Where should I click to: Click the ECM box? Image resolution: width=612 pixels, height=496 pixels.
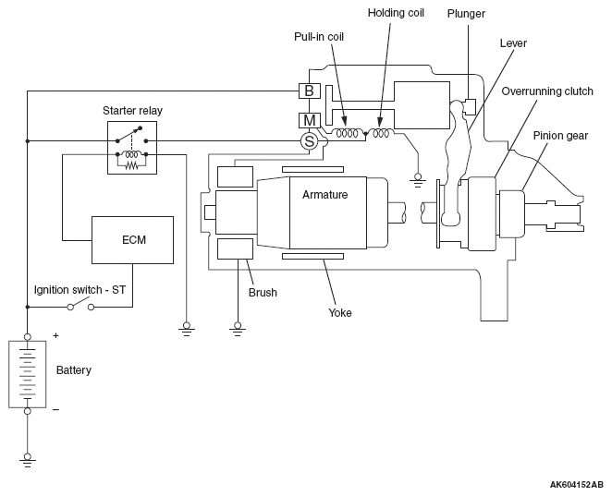132,239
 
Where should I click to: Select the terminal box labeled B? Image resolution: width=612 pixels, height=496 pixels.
309,91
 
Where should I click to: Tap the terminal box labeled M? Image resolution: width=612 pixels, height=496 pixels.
309,119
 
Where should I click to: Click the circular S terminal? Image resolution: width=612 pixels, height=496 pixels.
309,140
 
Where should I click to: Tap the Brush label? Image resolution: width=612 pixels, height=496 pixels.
262,293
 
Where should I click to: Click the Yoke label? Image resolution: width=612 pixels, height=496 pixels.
339,312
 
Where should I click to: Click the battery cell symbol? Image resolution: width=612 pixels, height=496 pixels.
28,373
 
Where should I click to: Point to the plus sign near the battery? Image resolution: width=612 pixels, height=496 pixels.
56,336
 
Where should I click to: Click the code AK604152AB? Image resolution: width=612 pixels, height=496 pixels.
575,484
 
